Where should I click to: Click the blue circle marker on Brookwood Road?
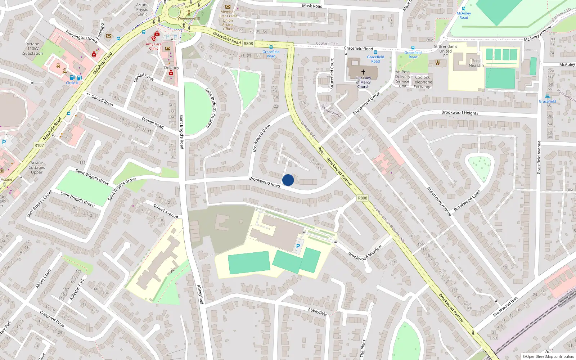pos(288,180)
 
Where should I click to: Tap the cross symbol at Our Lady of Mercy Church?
pos(363,72)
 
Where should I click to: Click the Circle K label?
pos(72,83)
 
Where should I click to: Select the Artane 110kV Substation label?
pos(33,49)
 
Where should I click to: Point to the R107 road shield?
pos(39,145)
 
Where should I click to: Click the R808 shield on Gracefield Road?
pos(248,44)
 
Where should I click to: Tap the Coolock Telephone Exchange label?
pos(422,82)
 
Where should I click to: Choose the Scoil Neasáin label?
pos(476,63)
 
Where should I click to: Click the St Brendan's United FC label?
pos(445,51)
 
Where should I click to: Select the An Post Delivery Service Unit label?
pos(402,79)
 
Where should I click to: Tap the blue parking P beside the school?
pos(298,246)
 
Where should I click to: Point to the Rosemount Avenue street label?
pos(439,201)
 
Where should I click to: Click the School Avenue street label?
pos(166,211)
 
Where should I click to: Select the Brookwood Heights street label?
pos(460,113)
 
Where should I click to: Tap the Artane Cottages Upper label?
pos(37,167)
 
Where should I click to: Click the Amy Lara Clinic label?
pos(154,46)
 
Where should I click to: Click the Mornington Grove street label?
pos(82,37)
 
